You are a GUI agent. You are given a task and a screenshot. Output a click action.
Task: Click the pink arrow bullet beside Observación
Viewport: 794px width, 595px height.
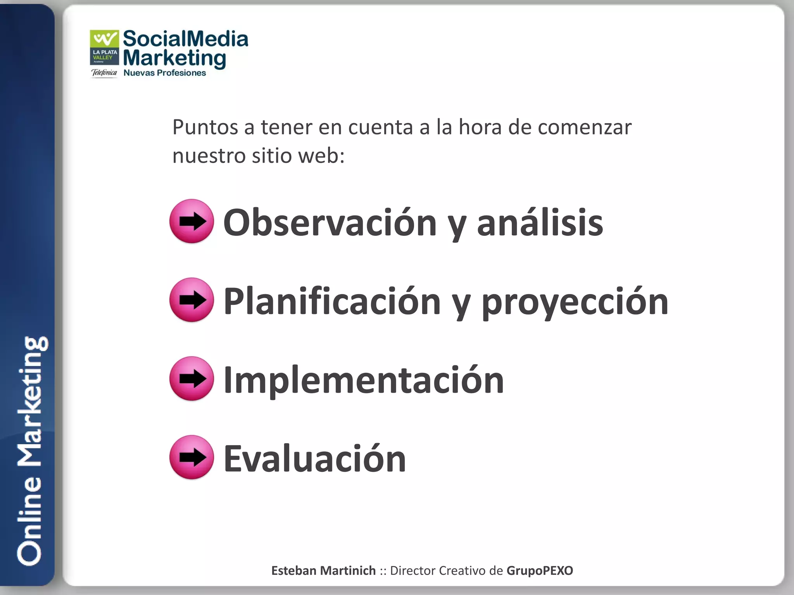pyautogui.click(x=192, y=221)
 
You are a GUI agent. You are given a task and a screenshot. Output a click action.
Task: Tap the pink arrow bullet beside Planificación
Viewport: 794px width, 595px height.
pyautogui.click(x=192, y=300)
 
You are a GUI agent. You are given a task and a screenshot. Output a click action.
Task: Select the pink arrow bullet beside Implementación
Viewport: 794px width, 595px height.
pyautogui.click(x=192, y=378)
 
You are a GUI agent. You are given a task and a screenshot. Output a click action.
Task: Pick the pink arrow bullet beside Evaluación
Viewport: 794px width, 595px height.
pyautogui.click(x=192, y=457)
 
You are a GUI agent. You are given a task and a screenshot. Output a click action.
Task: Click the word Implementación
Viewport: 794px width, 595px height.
pyautogui.click(x=364, y=380)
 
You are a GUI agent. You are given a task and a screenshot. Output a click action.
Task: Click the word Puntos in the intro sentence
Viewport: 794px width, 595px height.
pyautogui.click(x=205, y=127)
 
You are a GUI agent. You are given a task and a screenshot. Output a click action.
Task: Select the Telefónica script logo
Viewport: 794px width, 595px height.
pyautogui.click(x=104, y=73)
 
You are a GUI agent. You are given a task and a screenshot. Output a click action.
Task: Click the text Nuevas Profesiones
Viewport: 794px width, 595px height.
pyautogui.click(x=164, y=73)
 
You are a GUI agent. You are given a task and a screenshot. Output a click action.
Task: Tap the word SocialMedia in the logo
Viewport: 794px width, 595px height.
pyautogui.click(x=185, y=39)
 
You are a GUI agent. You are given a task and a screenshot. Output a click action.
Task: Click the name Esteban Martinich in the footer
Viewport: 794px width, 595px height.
pyautogui.click(x=323, y=571)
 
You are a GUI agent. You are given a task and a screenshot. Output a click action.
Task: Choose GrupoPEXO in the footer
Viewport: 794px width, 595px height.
pyautogui.click(x=539, y=571)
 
